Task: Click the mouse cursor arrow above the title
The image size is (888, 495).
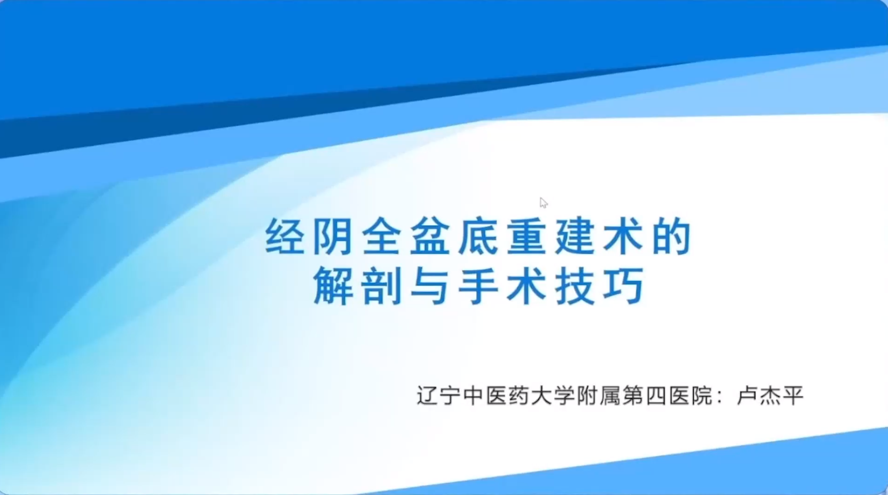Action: (x=544, y=202)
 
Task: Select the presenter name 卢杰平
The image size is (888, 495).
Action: (x=770, y=396)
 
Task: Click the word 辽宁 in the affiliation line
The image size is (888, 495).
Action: (x=438, y=396)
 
